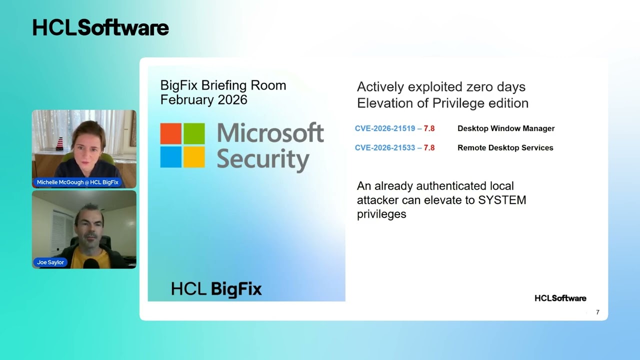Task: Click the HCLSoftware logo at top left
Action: tap(100, 28)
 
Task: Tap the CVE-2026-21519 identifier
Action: tap(384, 128)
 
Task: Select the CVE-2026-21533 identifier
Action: tap(384, 148)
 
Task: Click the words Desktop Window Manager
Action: tap(506, 128)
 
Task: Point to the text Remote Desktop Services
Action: tap(505, 148)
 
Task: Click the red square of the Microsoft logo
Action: tap(171, 133)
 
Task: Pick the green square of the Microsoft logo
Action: tap(194, 133)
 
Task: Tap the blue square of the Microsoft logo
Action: tap(171, 157)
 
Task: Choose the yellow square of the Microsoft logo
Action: tap(194, 157)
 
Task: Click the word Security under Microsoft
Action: tap(263, 159)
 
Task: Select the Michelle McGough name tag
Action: tap(77, 182)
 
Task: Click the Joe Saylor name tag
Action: tap(50, 262)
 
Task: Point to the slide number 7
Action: tap(597, 312)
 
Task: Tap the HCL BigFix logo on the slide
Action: tap(216, 289)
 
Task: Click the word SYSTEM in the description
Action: tap(502, 200)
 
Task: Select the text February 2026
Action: tap(203, 99)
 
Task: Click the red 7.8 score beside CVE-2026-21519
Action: tap(429, 128)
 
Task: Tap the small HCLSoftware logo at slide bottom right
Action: tap(560, 298)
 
